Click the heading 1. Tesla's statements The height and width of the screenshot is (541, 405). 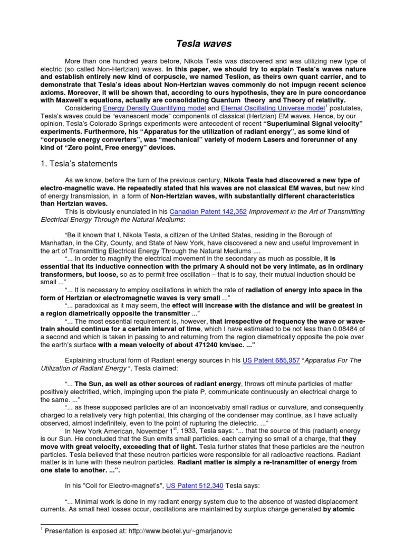[x=79, y=163]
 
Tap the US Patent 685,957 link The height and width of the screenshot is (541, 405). [x=271, y=360]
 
